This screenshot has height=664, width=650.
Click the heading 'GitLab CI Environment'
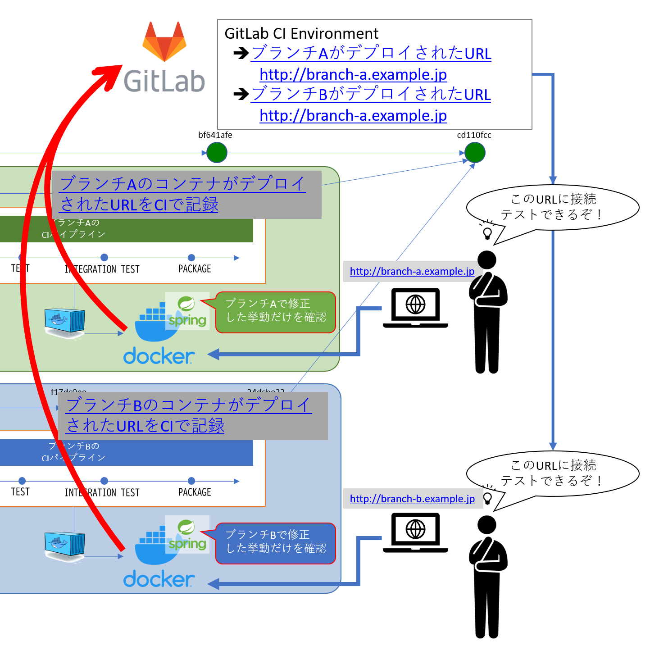coord(301,34)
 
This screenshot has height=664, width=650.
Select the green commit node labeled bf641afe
coord(217,153)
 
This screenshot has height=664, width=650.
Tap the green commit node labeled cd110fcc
coord(475,153)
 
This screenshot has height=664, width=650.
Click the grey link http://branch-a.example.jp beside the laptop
coord(412,271)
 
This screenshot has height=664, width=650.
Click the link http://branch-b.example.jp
coord(412,499)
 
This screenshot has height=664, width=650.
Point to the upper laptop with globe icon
coord(415,307)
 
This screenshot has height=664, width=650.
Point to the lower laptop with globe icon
coord(415,532)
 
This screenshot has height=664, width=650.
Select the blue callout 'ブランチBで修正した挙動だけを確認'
coord(276,543)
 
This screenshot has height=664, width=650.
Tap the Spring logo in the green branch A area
coord(187,311)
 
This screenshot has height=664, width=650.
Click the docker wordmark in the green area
coord(159,356)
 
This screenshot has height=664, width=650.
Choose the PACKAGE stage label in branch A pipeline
coord(195,269)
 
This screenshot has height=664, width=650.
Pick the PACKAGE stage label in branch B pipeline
coord(195,492)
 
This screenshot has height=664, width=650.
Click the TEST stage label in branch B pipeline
coord(20,492)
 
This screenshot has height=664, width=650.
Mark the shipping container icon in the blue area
coord(65,545)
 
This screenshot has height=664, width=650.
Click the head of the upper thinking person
coord(486,260)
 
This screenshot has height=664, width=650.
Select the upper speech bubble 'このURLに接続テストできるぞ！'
coord(552,207)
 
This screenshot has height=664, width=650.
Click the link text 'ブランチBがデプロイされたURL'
coord(371,94)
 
